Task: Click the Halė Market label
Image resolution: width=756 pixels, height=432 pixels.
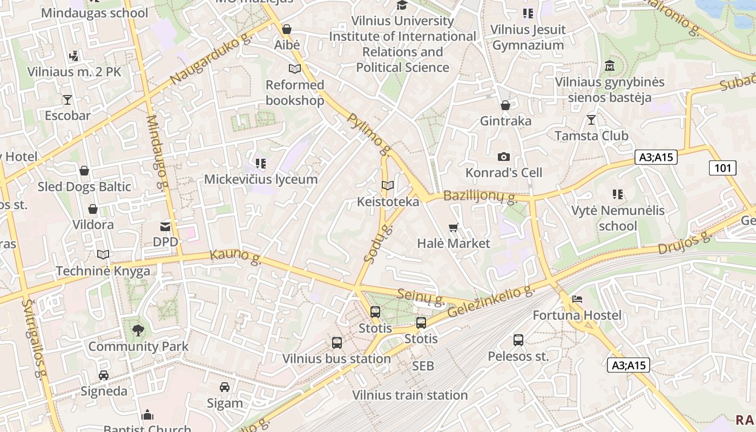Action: [x=454, y=244]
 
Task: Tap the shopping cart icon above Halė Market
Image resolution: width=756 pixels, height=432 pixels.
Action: [x=453, y=228]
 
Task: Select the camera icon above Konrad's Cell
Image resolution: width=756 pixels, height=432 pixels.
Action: [x=504, y=157]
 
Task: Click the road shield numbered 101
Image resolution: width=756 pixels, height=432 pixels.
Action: [x=723, y=168]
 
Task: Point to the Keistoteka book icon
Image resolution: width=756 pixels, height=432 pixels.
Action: [x=388, y=186]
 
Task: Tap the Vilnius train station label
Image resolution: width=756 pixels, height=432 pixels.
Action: [x=410, y=395]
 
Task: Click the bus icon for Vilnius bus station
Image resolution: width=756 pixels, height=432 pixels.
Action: [x=337, y=342]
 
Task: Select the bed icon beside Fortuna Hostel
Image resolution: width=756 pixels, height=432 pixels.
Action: [x=577, y=299]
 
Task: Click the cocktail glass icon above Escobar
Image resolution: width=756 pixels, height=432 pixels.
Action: [x=67, y=100]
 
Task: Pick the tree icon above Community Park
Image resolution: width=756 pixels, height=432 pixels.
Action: [x=138, y=330]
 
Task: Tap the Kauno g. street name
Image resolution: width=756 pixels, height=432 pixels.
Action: [x=236, y=257]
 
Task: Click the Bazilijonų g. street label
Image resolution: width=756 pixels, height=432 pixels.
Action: [x=480, y=196]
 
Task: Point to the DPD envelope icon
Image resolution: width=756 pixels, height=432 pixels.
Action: [x=165, y=227]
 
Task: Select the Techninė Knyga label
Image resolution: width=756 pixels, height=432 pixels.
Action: [x=103, y=271]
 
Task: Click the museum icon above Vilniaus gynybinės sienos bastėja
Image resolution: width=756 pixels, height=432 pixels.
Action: [x=610, y=66]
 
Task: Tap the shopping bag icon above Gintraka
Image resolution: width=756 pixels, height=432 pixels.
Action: [x=505, y=105]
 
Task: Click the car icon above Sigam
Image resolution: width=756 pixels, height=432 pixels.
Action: [x=225, y=387]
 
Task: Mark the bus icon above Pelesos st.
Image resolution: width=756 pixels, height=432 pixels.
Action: [x=518, y=340]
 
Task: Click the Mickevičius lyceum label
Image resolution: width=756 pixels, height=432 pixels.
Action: [x=261, y=179]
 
